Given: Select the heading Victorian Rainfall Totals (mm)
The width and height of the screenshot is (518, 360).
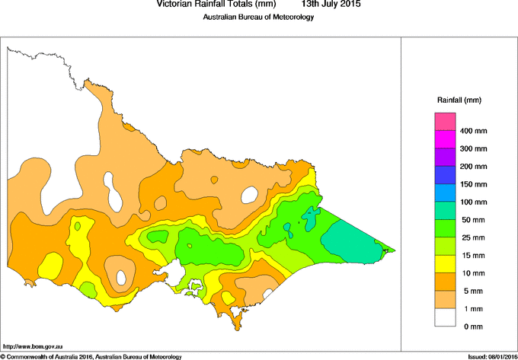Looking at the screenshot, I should (216, 5).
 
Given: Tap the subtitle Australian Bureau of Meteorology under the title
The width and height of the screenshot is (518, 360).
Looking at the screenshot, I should (258, 18).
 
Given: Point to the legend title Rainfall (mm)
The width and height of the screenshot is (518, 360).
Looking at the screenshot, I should (459, 100).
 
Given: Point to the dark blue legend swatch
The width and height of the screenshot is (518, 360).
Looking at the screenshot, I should (445, 175).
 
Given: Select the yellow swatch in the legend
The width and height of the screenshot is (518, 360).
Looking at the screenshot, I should (445, 264).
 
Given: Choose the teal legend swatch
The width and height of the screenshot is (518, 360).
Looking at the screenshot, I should (445, 211).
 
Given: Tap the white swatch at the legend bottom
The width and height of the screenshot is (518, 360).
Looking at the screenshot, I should (445, 317).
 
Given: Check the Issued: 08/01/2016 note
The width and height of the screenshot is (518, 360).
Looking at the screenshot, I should (487, 355).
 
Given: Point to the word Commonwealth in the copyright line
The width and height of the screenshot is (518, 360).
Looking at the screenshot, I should (32, 355).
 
